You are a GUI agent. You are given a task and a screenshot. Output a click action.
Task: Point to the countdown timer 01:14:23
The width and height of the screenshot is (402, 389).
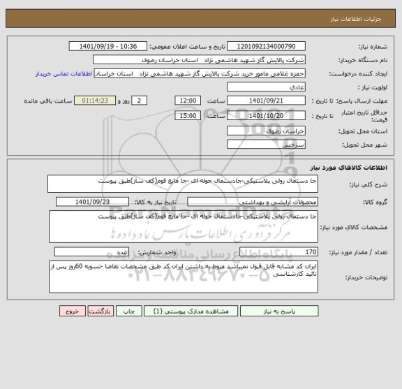(x=94, y=101)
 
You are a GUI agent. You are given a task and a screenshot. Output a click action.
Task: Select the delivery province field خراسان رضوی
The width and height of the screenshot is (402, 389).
(x=266, y=131)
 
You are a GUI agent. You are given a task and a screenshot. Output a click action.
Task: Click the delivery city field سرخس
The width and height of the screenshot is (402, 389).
(x=266, y=145)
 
